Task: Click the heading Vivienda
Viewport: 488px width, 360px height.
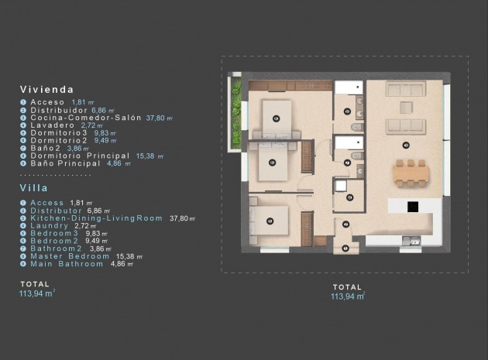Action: (x=47, y=90)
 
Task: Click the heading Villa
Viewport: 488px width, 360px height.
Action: (x=34, y=187)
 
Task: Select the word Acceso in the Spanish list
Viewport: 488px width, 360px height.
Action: (x=47, y=102)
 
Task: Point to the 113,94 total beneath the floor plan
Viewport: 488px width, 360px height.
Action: (x=348, y=297)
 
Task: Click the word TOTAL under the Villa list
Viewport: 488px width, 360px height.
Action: (x=35, y=284)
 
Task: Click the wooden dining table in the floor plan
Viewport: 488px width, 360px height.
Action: (x=410, y=174)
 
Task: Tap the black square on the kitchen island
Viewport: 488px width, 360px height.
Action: (x=413, y=207)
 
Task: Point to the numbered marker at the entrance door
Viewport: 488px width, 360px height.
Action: (x=345, y=249)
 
